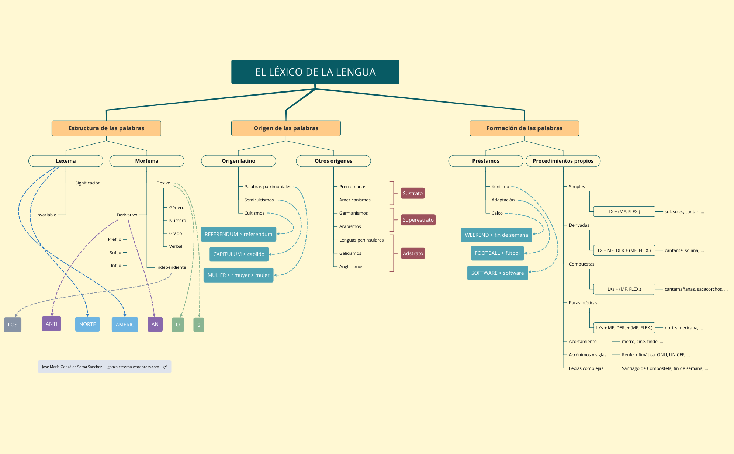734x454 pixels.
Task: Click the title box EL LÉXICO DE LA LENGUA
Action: point(315,72)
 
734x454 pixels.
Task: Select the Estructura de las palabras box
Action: point(106,128)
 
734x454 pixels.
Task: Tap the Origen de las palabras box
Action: point(286,128)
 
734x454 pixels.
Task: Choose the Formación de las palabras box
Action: point(524,128)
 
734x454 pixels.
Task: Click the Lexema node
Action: point(66,161)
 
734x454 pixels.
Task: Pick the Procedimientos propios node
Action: point(563,161)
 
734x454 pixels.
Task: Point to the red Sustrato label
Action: point(412,193)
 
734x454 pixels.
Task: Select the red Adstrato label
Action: point(413,253)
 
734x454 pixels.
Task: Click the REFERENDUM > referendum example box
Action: point(238,234)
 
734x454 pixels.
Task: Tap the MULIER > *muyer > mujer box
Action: point(238,275)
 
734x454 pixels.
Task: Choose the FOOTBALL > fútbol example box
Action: point(497,253)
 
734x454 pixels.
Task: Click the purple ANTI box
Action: point(51,324)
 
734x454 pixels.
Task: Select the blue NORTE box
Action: point(87,324)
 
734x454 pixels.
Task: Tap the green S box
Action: point(199,325)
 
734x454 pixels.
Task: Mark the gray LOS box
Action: point(13,325)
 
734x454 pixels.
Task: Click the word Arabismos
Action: point(350,226)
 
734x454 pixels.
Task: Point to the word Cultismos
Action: point(254,213)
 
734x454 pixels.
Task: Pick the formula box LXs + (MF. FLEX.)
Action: point(624,289)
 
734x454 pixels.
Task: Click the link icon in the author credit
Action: point(165,367)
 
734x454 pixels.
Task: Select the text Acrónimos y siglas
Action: point(588,355)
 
